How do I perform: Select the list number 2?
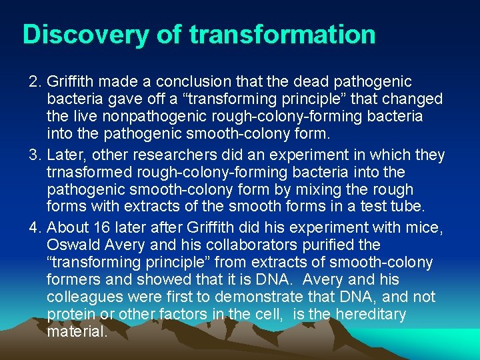(x=35, y=82)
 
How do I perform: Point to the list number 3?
(x=35, y=155)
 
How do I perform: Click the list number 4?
(x=35, y=228)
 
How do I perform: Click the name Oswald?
(x=73, y=245)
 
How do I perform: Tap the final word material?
(x=77, y=332)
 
